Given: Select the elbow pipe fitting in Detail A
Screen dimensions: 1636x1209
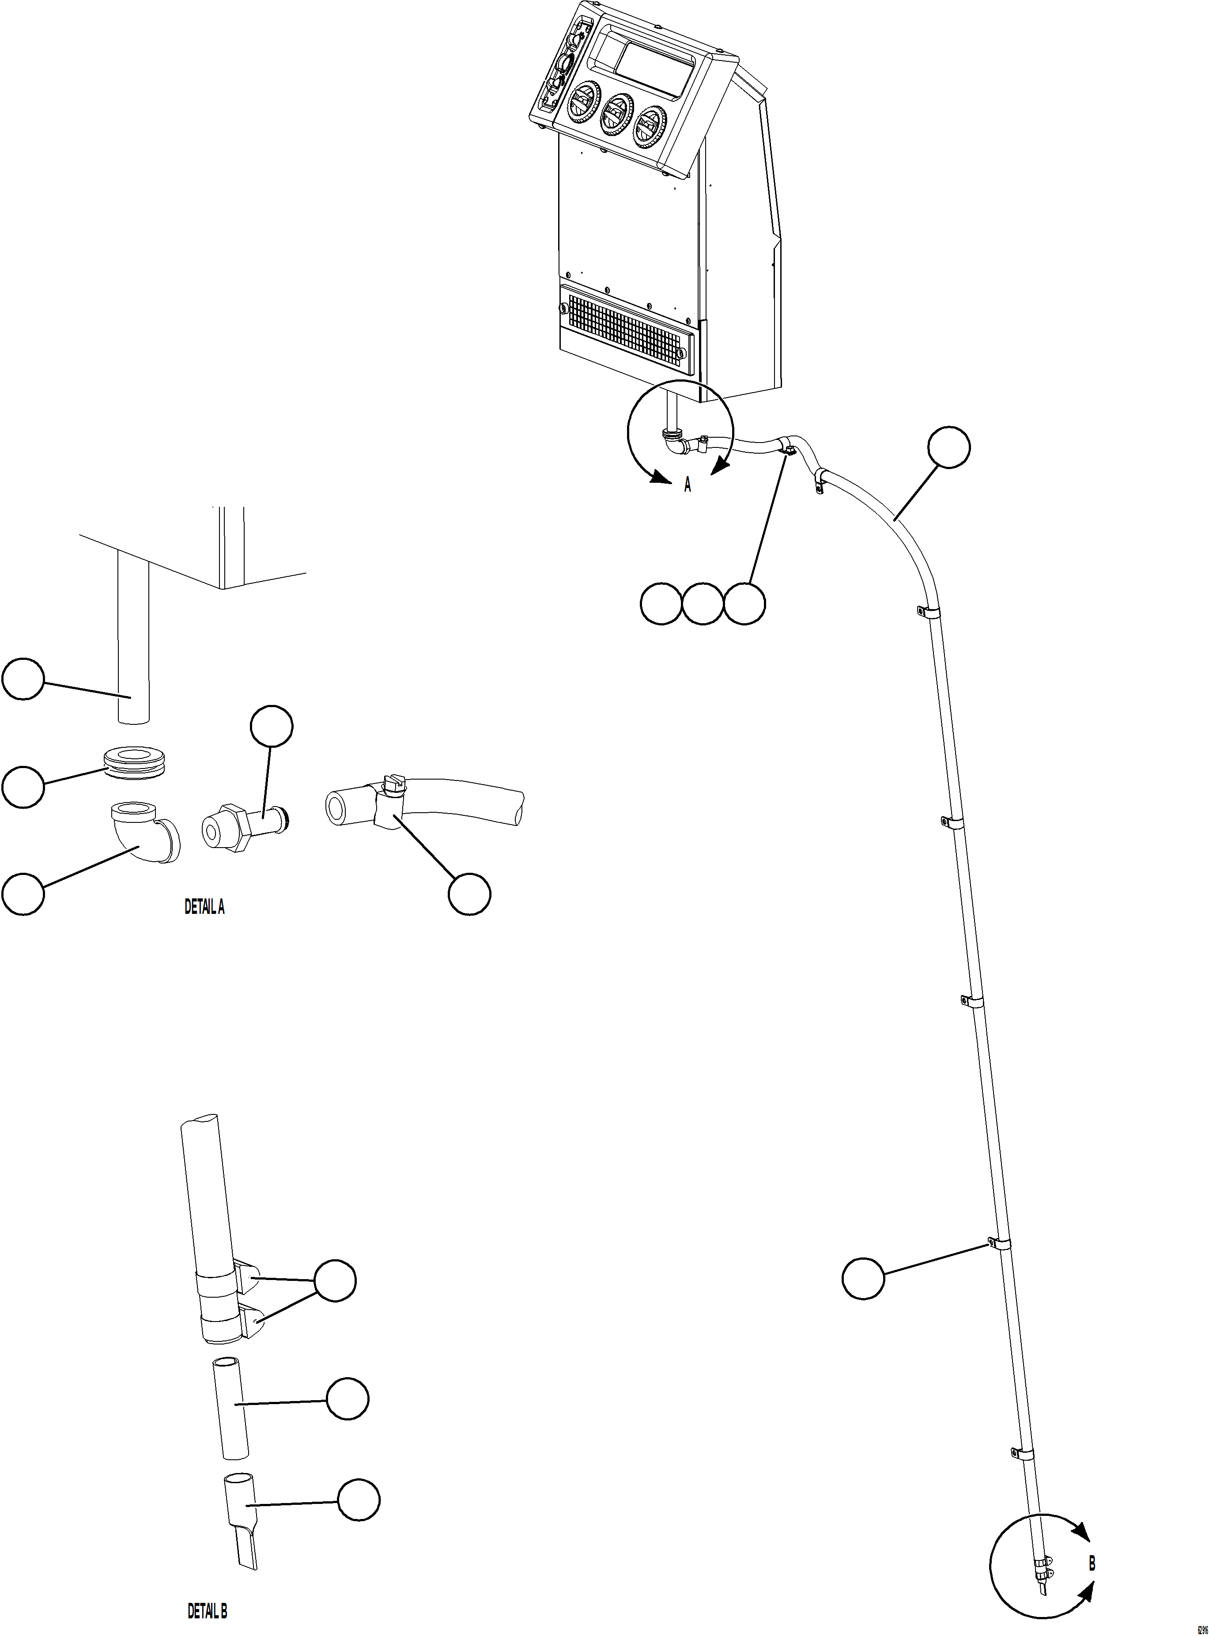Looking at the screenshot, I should point(146,832).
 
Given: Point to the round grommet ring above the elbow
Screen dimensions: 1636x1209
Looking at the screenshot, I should point(136,761).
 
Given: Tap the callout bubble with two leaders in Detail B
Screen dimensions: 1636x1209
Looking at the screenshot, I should point(335,1281).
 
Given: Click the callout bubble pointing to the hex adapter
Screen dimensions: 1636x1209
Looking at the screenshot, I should point(272,726).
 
